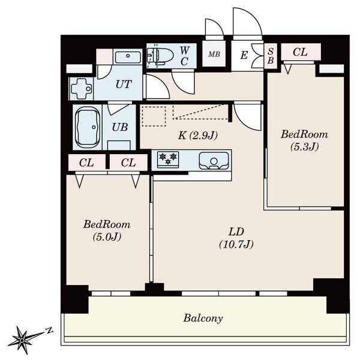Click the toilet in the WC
tap(160, 56)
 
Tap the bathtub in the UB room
tap(87, 127)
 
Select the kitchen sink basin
tap(214, 160)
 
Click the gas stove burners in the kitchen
tap(168, 159)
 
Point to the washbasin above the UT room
tap(128, 56)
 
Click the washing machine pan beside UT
tap(81, 89)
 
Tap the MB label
tap(214, 54)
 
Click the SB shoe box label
tap(271, 56)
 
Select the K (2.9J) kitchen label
tap(197, 136)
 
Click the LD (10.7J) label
tap(236, 238)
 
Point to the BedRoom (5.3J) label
tap(304, 140)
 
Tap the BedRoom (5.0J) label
tap(107, 230)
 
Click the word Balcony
tap(203, 319)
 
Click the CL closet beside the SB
tap(301, 52)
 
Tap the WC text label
tap(184, 56)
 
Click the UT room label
tap(124, 84)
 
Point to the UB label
tap(120, 127)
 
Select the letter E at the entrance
tap(244, 55)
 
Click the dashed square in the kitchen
tap(154, 116)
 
